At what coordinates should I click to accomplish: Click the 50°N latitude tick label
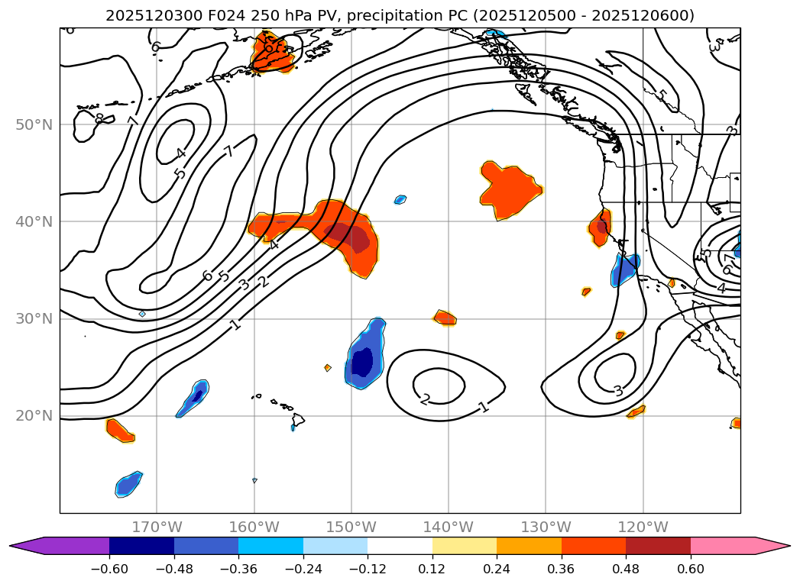point(34,124)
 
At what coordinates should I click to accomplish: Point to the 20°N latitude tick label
point(34,416)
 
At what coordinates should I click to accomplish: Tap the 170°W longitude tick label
point(157,527)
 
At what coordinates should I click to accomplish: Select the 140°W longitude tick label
point(448,527)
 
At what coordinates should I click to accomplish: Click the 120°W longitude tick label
point(643,527)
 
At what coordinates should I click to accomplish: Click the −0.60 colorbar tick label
point(109,569)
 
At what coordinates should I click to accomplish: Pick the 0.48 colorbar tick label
point(626,569)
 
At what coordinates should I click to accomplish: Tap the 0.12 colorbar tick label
point(432,569)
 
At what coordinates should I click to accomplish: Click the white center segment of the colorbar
point(400,545)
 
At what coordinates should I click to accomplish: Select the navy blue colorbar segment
point(141,545)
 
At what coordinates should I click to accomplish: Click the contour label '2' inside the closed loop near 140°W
point(426,398)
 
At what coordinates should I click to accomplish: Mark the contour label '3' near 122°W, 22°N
point(618,391)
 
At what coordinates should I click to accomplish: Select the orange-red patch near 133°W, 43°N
point(510,190)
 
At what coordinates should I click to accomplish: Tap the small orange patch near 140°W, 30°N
point(445,318)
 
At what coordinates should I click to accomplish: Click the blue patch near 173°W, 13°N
point(128,484)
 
